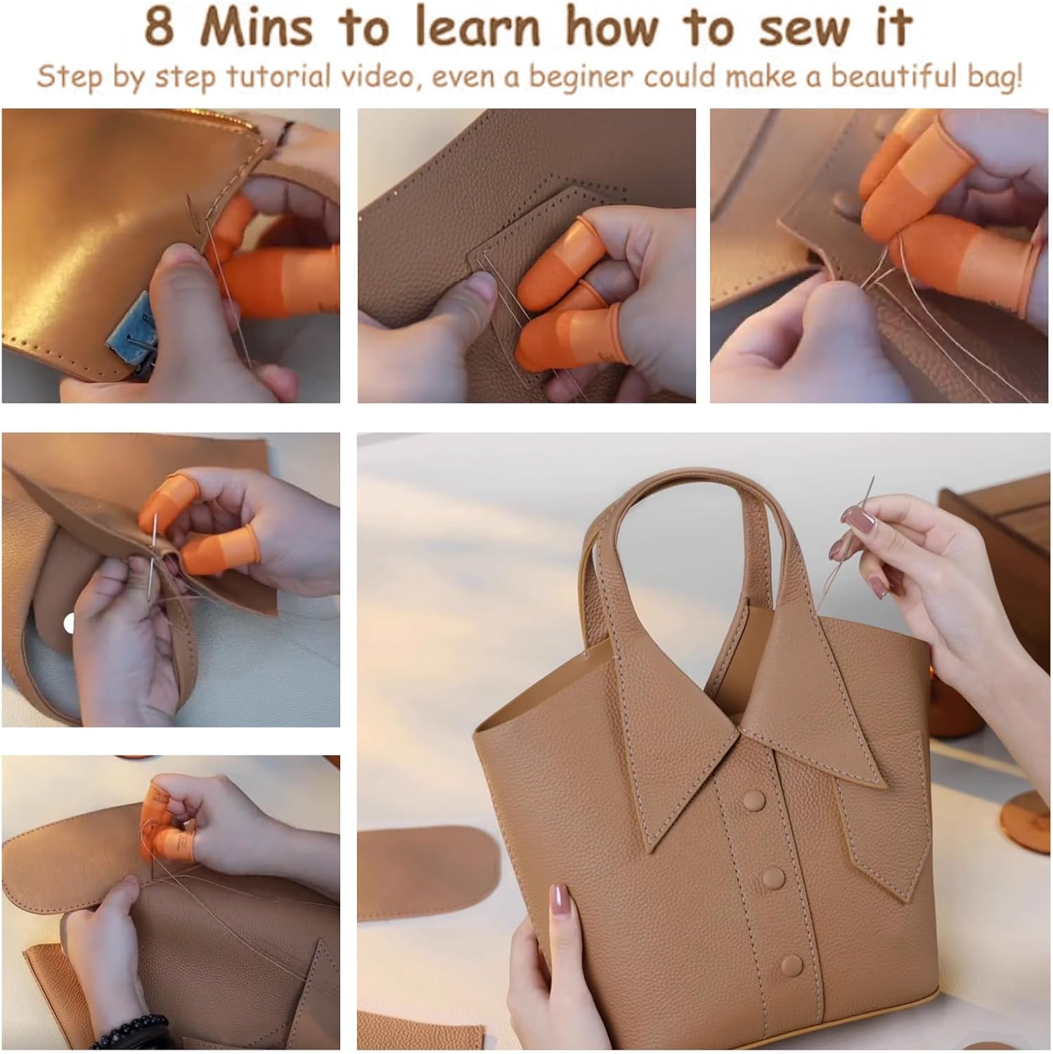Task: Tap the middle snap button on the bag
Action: tap(772, 878)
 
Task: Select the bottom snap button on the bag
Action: tap(792, 965)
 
